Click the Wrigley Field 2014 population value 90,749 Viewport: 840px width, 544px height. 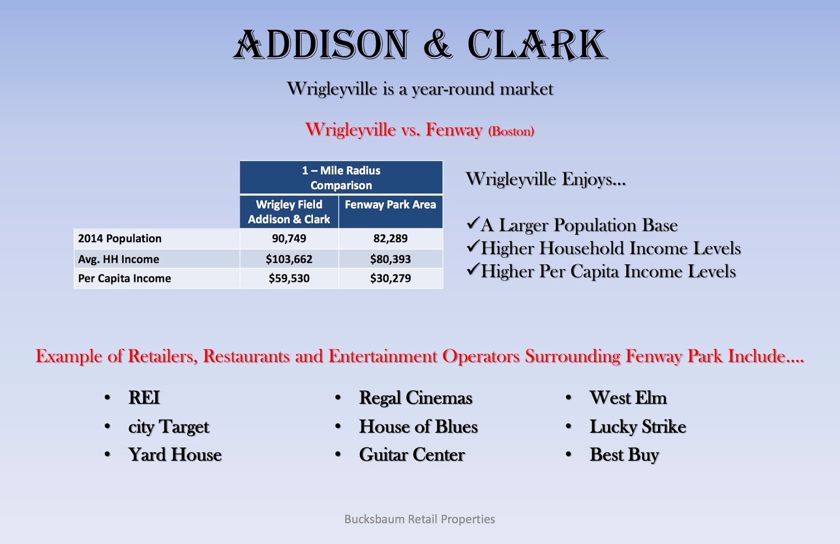pyautogui.click(x=289, y=239)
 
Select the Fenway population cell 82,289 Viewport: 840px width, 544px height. pyautogui.click(x=390, y=239)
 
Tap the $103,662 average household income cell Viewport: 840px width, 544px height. pyautogui.click(x=289, y=259)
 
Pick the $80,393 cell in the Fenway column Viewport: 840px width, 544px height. pyautogui.click(x=390, y=259)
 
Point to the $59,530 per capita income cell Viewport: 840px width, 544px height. pyautogui.click(x=289, y=279)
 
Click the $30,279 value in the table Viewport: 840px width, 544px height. pyautogui.click(x=390, y=279)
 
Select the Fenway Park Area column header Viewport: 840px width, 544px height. pyautogui.click(x=390, y=205)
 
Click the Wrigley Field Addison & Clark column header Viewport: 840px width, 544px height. pyautogui.click(x=289, y=212)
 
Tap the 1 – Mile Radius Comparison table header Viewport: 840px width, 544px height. pyautogui.click(x=341, y=178)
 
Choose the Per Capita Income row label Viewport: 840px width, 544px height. pyautogui.click(x=124, y=279)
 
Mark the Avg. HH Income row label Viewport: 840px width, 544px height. pyautogui.click(x=119, y=259)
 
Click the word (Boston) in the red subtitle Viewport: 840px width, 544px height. pyautogui.click(x=511, y=131)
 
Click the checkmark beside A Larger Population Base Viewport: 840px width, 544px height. pyautogui.click(x=472, y=224)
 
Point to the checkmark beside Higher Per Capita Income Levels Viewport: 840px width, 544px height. pyautogui.click(x=472, y=270)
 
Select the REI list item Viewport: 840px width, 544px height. pyautogui.click(x=144, y=398)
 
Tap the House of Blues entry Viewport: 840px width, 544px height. pyautogui.click(x=418, y=427)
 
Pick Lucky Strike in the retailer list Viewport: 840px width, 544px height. pyautogui.click(x=637, y=427)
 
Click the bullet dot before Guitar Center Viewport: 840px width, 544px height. pyautogui.click(x=338, y=455)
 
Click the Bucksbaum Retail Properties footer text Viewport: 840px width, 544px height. pyautogui.click(x=419, y=519)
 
